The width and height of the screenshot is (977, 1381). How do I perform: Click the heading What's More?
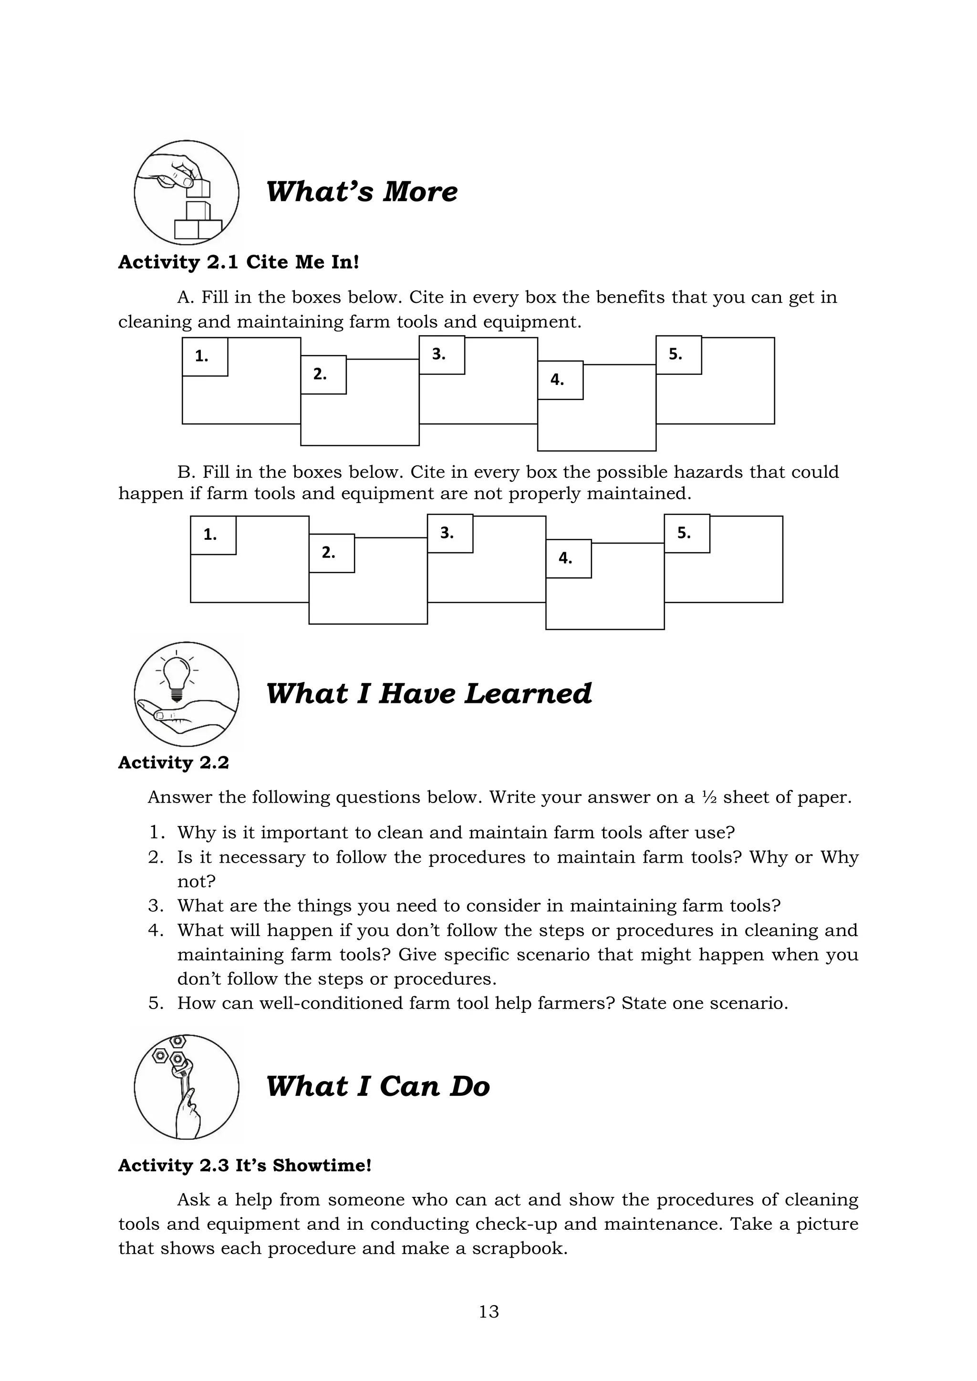[x=361, y=192]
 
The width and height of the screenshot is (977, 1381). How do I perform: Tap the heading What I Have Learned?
[x=428, y=693]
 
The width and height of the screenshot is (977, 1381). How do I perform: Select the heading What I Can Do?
[x=378, y=1086]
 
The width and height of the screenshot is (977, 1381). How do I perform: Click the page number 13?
[x=488, y=1311]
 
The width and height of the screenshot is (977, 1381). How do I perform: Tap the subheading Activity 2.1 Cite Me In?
[x=238, y=262]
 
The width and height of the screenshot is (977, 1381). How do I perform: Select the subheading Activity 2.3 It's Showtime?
[x=244, y=1165]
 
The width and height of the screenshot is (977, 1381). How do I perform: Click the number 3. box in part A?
[x=442, y=355]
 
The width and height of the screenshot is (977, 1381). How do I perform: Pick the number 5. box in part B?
[x=686, y=534]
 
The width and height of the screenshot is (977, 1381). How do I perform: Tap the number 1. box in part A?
[x=205, y=357]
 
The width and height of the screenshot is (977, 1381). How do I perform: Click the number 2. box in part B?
[x=331, y=553]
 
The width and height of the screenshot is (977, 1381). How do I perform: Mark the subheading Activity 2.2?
[x=173, y=763]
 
